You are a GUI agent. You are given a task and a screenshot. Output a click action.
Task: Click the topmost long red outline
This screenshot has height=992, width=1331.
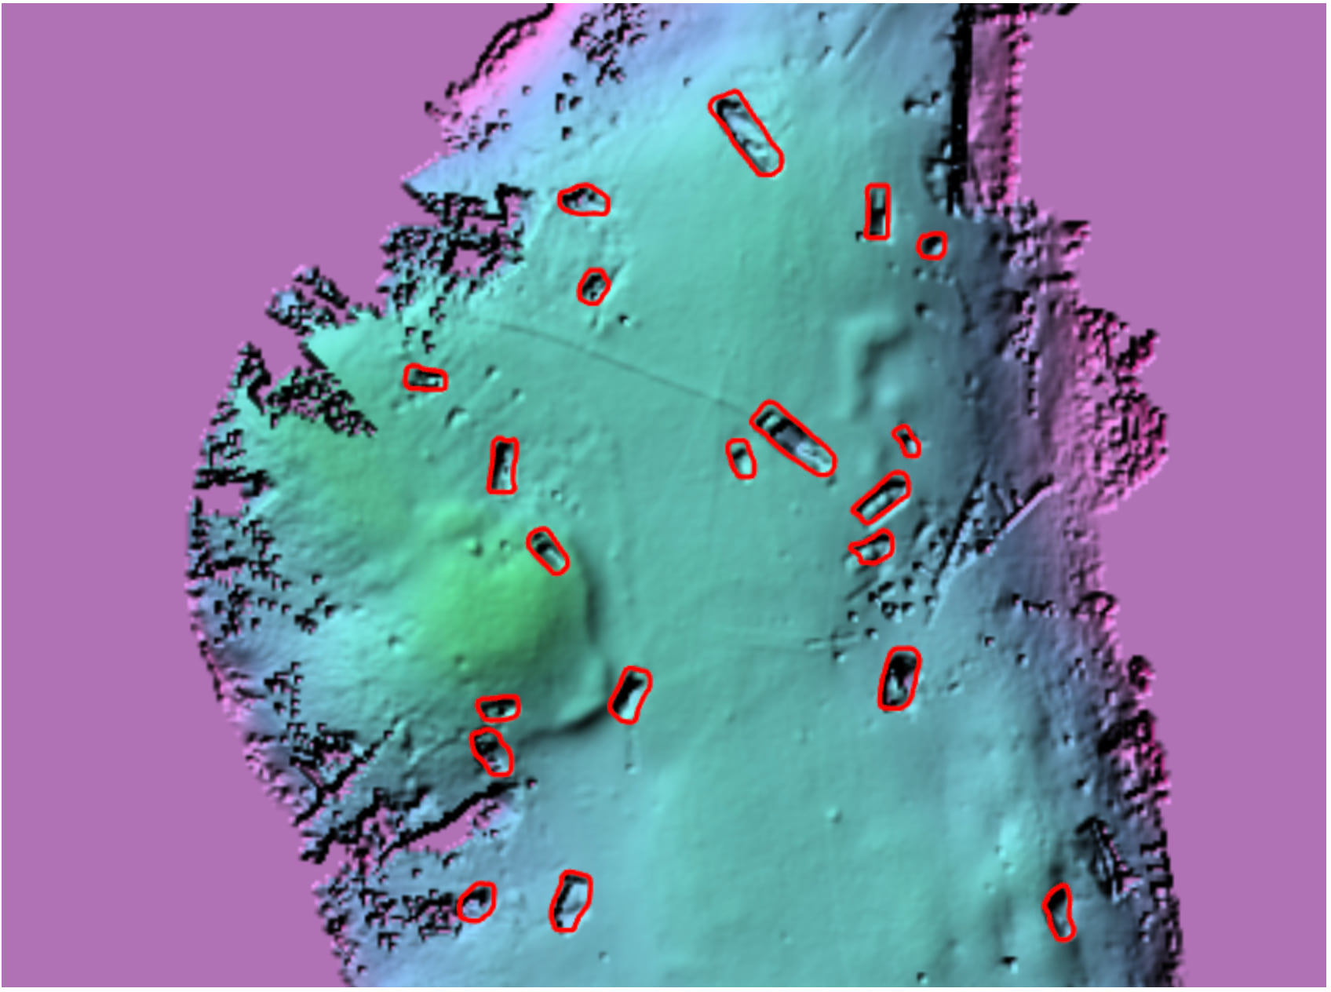pyautogui.click(x=745, y=132)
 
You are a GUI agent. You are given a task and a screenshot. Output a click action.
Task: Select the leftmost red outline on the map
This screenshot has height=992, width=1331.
pyautogui.click(x=425, y=378)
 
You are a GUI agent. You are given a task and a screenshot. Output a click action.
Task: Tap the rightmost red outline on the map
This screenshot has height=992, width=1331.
pyautogui.click(x=1059, y=911)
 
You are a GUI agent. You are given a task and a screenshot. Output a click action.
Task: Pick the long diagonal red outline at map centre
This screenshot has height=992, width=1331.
pyautogui.click(x=793, y=438)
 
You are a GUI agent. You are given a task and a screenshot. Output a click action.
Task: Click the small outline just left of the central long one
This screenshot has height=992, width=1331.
pyautogui.click(x=740, y=458)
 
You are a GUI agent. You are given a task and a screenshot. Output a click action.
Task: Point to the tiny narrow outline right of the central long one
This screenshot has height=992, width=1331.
pyautogui.click(x=906, y=440)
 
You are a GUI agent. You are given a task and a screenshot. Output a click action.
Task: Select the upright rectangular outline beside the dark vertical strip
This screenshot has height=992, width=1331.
pyautogui.click(x=877, y=212)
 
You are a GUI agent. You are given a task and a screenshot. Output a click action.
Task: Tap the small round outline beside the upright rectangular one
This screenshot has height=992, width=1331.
pyautogui.click(x=932, y=246)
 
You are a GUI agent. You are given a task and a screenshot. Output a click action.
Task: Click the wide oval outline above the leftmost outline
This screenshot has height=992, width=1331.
pyautogui.click(x=584, y=200)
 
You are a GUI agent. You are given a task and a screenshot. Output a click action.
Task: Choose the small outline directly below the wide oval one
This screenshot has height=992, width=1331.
pyautogui.click(x=593, y=286)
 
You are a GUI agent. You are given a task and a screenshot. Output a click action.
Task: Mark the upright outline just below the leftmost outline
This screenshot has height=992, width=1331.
pyautogui.click(x=503, y=465)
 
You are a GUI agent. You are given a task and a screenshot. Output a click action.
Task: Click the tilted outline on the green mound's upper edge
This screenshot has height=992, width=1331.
pyautogui.click(x=548, y=551)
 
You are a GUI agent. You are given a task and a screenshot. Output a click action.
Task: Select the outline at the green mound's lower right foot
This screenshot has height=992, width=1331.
pyautogui.click(x=629, y=695)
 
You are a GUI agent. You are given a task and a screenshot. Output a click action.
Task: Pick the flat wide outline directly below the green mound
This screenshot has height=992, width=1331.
pyautogui.click(x=498, y=708)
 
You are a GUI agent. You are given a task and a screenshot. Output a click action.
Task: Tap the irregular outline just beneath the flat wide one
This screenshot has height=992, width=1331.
pyautogui.click(x=492, y=752)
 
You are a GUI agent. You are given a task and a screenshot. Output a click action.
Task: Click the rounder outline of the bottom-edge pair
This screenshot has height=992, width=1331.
pyautogui.click(x=476, y=902)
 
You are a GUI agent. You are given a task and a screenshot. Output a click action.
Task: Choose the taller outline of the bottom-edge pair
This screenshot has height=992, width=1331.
pyautogui.click(x=571, y=902)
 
